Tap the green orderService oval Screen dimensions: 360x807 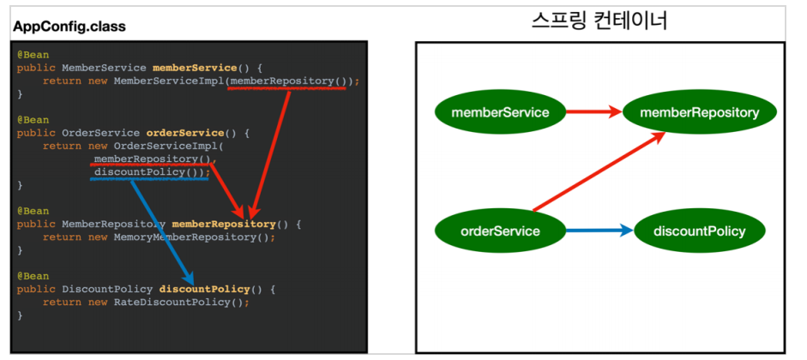click(x=499, y=231)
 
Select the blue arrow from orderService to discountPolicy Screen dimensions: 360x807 click(x=598, y=231)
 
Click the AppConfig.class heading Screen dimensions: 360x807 click(x=69, y=27)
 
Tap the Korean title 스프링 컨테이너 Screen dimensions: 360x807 click(x=599, y=21)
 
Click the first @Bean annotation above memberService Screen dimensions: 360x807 click(x=33, y=54)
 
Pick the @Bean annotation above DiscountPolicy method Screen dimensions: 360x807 click(x=33, y=276)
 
